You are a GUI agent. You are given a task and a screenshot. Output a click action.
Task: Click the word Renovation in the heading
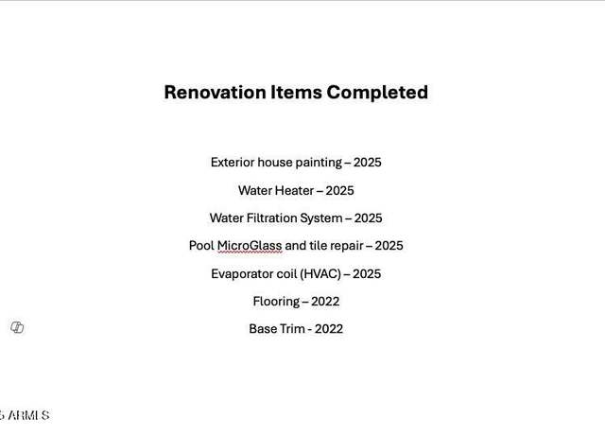click(x=215, y=93)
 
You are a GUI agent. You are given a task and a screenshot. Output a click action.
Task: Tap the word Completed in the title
click(x=377, y=93)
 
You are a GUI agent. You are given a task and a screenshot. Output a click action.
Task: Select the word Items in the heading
click(x=296, y=93)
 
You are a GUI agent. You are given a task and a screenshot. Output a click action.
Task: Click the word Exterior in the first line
click(x=233, y=162)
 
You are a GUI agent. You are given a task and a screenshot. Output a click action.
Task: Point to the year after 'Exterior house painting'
click(x=368, y=162)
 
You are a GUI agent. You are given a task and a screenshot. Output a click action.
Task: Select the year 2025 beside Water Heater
click(x=339, y=190)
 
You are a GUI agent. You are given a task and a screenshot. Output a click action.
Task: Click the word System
click(x=321, y=218)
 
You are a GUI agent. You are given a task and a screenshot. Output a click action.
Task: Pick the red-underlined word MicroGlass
click(x=250, y=246)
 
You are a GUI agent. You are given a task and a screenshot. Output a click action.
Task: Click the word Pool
click(x=201, y=246)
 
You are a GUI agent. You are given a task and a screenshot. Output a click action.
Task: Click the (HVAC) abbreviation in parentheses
click(x=321, y=274)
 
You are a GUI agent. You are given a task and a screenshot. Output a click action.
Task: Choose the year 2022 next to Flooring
click(x=325, y=302)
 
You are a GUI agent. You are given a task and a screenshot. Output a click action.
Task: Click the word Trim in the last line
click(x=287, y=329)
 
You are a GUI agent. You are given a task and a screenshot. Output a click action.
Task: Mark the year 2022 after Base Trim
click(x=329, y=329)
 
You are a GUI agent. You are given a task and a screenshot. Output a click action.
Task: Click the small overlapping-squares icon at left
click(x=17, y=327)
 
